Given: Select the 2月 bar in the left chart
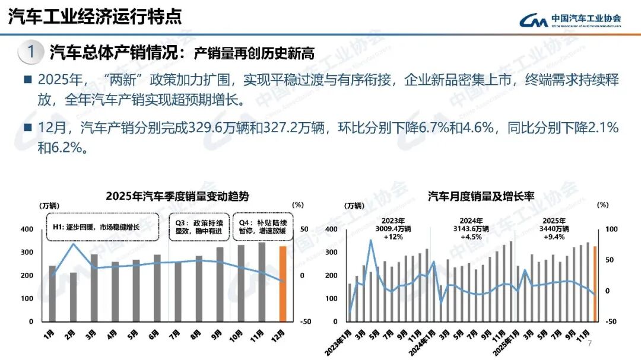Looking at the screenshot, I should click(x=73, y=297).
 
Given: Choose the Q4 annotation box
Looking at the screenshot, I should click(x=262, y=227).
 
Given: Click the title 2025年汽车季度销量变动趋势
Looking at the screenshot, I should click(x=177, y=196).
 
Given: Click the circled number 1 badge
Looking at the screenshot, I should click(x=30, y=52).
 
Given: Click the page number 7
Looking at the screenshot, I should click(x=589, y=345).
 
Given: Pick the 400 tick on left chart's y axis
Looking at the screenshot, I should click(x=27, y=230).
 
